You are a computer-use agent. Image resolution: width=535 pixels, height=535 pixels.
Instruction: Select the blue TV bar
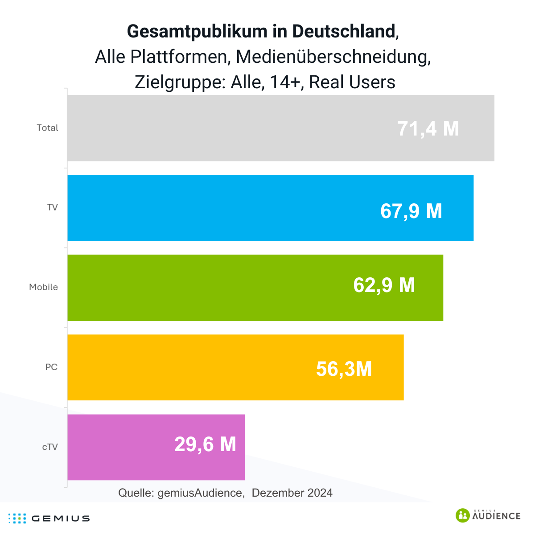tap(223, 208)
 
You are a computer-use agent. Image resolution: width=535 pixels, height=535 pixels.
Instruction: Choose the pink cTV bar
tap(120, 447)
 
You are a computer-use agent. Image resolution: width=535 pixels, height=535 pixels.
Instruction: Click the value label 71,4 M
tap(428, 129)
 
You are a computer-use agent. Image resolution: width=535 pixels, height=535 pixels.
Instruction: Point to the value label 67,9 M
tap(411, 211)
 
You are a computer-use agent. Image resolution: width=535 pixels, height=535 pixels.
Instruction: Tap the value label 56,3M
tap(344, 369)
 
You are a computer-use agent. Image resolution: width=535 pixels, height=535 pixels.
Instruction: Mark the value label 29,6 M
tap(205, 444)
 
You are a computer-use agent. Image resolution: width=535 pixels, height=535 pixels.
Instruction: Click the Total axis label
tap(47, 128)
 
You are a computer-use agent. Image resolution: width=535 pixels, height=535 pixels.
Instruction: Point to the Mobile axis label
tap(43, 288)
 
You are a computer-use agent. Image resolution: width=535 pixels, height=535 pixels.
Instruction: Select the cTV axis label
tap(50, 447)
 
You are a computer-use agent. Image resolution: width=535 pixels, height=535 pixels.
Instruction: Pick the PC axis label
tap(51, 367)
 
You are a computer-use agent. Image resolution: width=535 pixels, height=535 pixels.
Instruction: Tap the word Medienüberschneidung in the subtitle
tap(333, 57)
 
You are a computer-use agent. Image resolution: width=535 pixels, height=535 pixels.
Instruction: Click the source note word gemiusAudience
tap(200, 493)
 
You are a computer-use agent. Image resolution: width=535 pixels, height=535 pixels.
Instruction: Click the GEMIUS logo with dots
tap(49, 518)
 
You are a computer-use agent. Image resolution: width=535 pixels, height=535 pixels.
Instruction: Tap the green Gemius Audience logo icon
tap(463, 515)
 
